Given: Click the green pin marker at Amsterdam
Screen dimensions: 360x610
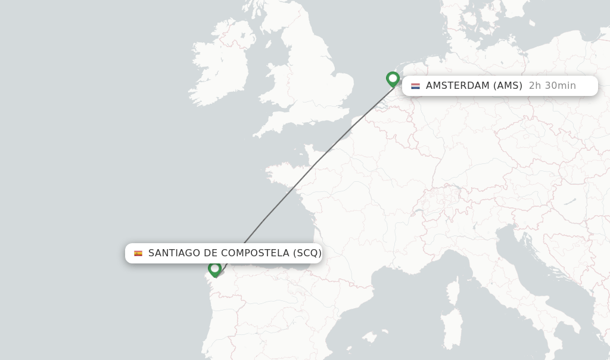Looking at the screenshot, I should click(393, 79).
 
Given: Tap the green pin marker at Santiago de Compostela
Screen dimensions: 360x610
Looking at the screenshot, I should click(215, 269).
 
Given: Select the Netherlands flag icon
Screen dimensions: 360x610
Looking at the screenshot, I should click(415, 86).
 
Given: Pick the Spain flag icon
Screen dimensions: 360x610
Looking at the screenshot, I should click(138, 253).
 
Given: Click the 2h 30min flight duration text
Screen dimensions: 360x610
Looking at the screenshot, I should click(552, 86).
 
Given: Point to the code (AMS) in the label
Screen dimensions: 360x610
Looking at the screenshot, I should click(508, 86).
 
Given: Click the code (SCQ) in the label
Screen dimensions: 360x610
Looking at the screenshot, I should click(307, 253).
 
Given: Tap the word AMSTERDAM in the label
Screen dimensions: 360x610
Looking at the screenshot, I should click(457, 86).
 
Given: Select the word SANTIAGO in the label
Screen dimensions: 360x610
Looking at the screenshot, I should click(174, 253).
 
